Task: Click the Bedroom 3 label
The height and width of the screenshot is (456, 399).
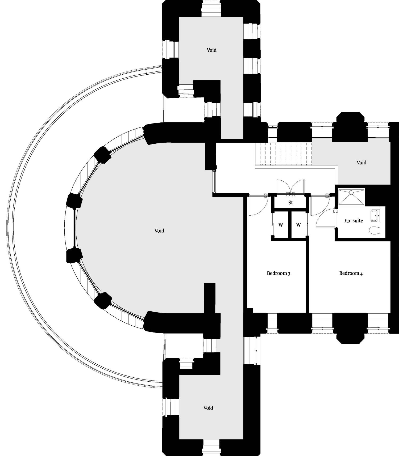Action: [x=279, y=273]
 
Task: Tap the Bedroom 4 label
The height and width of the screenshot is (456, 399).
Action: [x=351, y=273]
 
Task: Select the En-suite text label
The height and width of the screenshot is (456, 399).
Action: [x=354, y=220]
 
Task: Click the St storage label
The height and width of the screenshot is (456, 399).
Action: [x=290, y=202]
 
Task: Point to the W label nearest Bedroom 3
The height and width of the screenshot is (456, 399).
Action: [x=281, y=225]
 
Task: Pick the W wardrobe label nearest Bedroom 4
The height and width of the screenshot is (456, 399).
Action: [x=298, y=225]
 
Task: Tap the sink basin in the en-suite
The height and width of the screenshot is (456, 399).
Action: [x=375, y=215]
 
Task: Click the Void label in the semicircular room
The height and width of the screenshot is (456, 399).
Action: [x=159, y=231]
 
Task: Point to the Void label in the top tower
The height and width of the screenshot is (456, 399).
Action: [x=212, y=50]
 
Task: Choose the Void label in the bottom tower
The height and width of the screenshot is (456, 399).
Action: [x=208, y=408]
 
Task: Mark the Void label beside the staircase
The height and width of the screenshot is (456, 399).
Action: [x=361, y=162]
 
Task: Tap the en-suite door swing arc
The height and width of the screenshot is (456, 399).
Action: [x=325, y=219]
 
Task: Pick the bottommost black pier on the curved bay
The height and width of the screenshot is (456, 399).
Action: [x=103, y=300]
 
